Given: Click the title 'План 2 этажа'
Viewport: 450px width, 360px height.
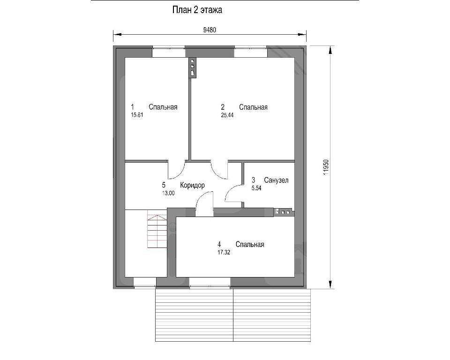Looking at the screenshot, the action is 197,10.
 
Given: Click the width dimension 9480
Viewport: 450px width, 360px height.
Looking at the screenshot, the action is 210,30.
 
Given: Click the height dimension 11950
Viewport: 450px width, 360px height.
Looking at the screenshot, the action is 325,167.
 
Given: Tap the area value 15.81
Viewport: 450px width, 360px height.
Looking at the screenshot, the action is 137,115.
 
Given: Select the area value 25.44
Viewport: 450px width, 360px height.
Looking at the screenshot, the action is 227,115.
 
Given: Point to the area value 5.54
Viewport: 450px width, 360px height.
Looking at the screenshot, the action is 256,188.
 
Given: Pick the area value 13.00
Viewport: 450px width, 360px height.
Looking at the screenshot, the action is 168,193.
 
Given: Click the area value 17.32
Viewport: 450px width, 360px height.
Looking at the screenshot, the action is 224,253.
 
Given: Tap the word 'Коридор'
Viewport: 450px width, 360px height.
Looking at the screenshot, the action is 192,186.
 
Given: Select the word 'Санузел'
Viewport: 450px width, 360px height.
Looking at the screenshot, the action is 276,180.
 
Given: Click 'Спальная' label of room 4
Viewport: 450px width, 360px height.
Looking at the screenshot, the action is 250,245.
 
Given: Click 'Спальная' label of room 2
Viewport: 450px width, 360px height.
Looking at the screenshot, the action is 253,107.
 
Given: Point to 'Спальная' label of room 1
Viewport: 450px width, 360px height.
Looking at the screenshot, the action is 163,107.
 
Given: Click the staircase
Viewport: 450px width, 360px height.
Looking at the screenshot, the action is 157,229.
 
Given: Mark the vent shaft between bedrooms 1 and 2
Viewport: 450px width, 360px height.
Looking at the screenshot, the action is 193,68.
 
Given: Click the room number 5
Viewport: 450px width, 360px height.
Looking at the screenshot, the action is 164,185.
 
